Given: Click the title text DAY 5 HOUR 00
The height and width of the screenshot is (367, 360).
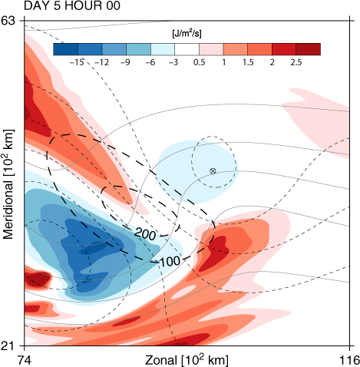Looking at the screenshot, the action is (72, 5).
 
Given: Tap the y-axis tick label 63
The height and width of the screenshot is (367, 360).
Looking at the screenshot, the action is (9, 21).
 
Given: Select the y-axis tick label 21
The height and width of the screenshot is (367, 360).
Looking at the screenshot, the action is (9, 346).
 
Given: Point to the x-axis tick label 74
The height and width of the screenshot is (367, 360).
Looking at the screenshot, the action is (25, 360).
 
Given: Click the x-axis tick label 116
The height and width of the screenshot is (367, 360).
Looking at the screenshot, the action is (349, 360).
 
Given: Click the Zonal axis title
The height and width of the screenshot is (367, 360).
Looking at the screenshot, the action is (187, 360).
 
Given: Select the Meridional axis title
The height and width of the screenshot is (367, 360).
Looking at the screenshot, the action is (8, 184).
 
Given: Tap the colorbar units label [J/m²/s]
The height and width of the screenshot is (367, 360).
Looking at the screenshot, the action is (187, 34).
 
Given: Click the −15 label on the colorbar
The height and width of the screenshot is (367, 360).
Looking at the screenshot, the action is (77, 62).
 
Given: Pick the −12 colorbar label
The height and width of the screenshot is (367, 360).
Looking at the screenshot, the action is (101, 62).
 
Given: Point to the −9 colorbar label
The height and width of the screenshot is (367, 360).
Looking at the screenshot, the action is (125, 62).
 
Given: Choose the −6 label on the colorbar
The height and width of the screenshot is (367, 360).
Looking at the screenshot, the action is (150, 62).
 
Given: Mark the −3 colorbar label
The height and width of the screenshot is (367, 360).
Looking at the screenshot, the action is (173, 62).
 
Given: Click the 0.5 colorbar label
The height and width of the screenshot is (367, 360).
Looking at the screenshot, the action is (200, 62).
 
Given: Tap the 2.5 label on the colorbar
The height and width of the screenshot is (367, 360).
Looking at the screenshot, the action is (296, 62).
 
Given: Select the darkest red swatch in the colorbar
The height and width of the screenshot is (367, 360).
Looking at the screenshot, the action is (309, 49).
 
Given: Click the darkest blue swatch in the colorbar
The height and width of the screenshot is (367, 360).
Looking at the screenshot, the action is (65, 49).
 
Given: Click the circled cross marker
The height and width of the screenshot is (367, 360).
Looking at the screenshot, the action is (213, 171).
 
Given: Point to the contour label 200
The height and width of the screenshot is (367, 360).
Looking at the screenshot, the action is (145, 233).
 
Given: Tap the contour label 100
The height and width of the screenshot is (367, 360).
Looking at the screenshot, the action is (170, 261).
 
